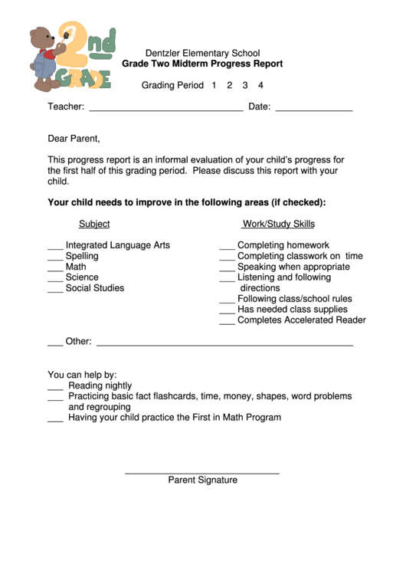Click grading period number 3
(245, 85)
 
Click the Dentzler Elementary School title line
(202, 53)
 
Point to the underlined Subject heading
(94, 224)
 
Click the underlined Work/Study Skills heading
(278, 224)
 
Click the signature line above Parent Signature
(202, 472)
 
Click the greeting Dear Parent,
(74, 139)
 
